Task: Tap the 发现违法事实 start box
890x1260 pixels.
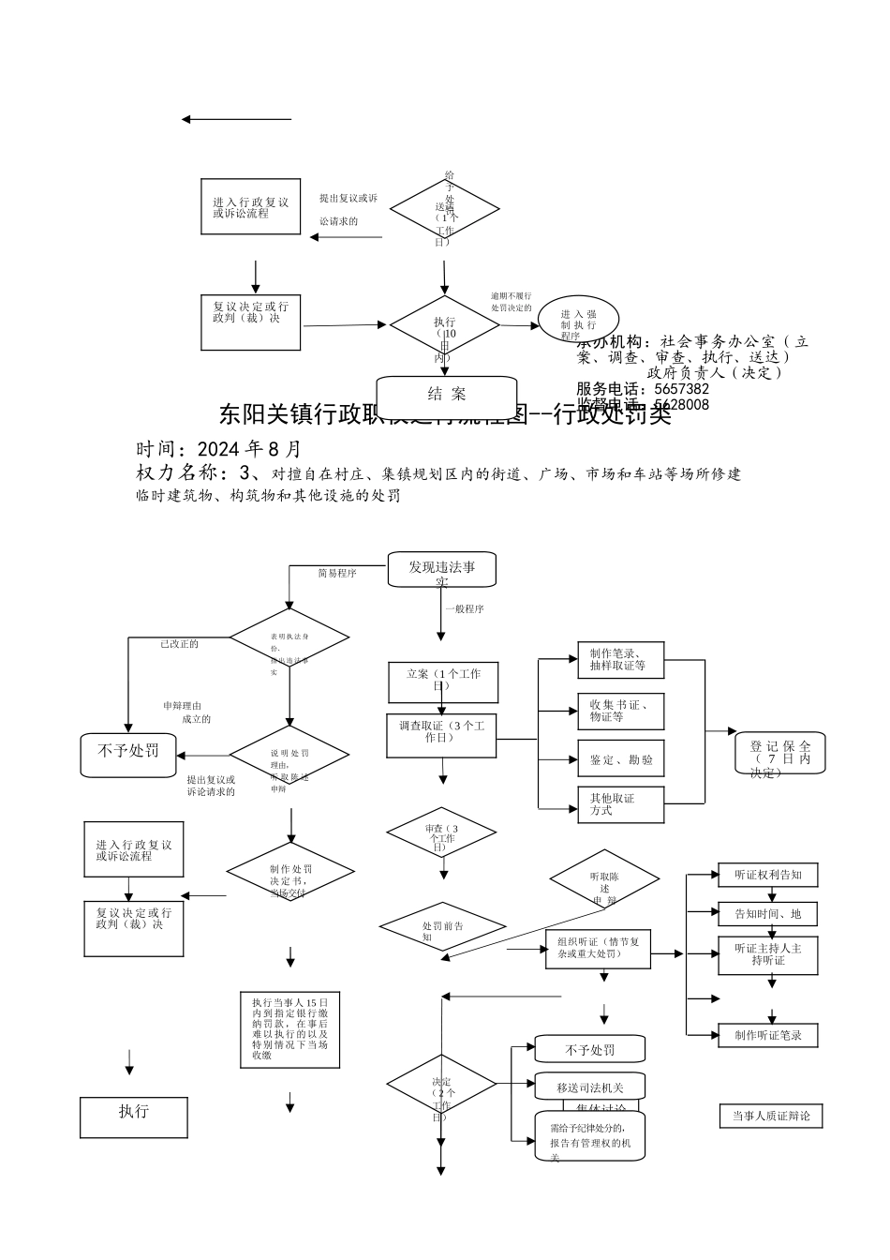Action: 442,569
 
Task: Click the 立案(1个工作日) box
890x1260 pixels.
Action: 443,682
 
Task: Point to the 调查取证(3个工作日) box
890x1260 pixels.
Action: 441,735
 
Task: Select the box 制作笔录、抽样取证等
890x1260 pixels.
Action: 620,660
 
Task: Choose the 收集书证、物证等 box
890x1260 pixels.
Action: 620,712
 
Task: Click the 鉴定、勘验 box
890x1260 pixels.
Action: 620,759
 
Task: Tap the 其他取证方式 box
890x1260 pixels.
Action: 620,804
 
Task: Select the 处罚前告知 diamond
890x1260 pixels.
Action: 442,927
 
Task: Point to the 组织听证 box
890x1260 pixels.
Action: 598,949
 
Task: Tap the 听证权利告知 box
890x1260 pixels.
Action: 768,875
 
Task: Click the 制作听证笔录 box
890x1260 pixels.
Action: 768,1035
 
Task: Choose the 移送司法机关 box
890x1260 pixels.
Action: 590,1087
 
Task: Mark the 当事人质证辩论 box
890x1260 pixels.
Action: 771,1116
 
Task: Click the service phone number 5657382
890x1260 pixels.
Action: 682,389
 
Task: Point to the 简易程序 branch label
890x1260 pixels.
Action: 337,573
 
